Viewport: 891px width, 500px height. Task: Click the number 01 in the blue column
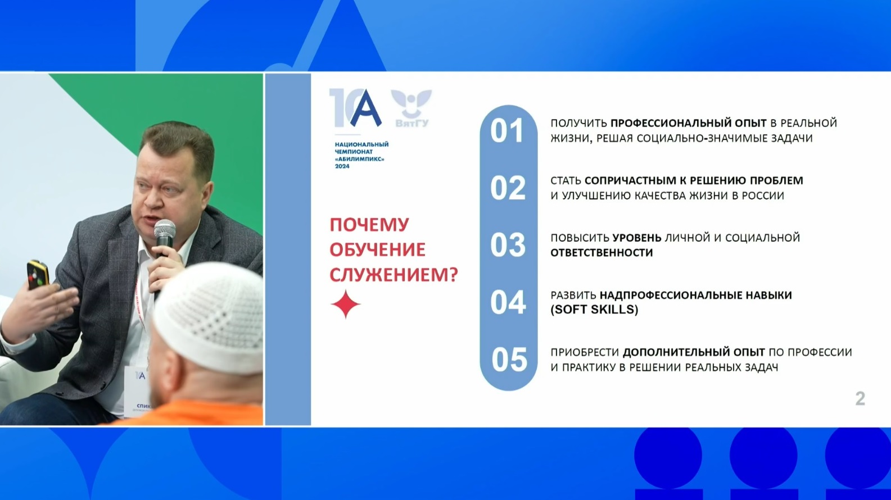point(506,130)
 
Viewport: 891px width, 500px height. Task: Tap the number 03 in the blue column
point(508,244)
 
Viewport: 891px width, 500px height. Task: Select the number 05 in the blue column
point(509,360)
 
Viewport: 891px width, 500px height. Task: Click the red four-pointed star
point(345,304)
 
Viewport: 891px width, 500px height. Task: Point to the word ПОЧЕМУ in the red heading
point(369,225)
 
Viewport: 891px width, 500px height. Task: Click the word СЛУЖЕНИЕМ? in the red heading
point(394,275)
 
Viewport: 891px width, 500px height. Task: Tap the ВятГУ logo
point(411,108)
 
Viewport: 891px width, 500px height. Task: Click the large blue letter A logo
point(365,108)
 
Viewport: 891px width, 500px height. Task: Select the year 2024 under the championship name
point(342,166)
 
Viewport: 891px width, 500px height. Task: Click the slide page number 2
point(860,399)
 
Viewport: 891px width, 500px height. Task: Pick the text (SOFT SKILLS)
point(594,310)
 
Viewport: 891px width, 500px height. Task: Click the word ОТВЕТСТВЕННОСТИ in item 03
point(601,252)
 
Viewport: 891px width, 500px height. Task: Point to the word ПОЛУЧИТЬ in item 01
point(579,123)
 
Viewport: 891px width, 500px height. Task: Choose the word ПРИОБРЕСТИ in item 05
point(585,352)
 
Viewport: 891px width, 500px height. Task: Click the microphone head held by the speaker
point(165,231)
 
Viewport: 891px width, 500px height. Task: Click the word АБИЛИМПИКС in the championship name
point(360,159)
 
